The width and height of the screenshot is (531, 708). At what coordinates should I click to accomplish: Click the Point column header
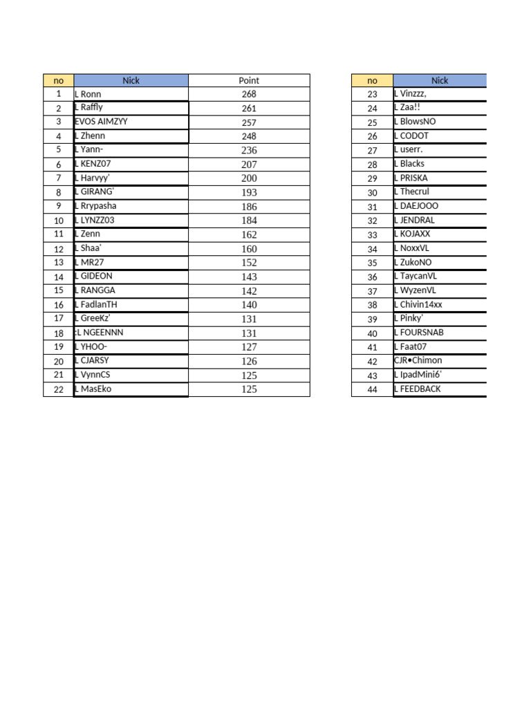coord(249,80)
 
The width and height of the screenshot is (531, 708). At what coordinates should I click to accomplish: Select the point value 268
coord(249,94)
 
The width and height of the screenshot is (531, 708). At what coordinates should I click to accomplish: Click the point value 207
coord(249,165)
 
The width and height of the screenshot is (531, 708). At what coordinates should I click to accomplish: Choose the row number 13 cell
coord(59,263)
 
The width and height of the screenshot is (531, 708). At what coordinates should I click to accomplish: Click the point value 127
coord(249,347)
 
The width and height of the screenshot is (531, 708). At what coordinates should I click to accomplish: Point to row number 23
coord(372,94)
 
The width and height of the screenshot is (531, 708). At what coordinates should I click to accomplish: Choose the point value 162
coord(249,234)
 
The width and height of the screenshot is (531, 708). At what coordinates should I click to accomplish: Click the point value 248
coord(249,136)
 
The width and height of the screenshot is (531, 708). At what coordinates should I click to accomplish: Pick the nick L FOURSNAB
coord(418,333)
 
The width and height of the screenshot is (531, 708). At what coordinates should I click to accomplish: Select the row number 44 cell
coord(372,389)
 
